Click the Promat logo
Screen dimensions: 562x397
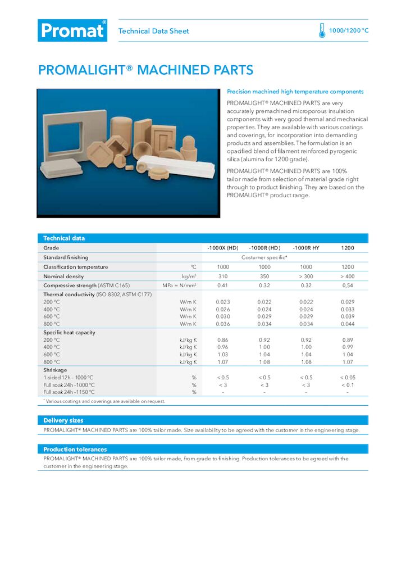tap(72, 30)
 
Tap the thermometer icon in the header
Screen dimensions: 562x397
tap(322, 30)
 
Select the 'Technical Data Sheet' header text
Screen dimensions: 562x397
tap(153, 31)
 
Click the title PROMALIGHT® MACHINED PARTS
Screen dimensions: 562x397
tap(145, 70)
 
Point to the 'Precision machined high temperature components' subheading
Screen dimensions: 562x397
tap(295, 92)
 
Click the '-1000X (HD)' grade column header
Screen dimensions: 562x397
tap(223, 248)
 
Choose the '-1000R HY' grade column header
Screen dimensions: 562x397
tap(306, 248)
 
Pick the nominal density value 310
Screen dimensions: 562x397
tap(223, 277)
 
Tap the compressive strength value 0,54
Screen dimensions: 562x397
tap(348, 286)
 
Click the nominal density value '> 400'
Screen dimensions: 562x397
tap(348, 277)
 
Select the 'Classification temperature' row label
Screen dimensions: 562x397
tap(75, 267)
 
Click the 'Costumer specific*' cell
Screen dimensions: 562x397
tap(264, 257)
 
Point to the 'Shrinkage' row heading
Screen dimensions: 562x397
tap(55, 370)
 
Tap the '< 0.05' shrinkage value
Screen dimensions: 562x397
tap(348, 378)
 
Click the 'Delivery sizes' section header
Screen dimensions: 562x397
tap(63, 420)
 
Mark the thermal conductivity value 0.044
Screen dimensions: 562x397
tap(348, 324)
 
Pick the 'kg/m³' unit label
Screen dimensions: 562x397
tap(188, 277)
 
